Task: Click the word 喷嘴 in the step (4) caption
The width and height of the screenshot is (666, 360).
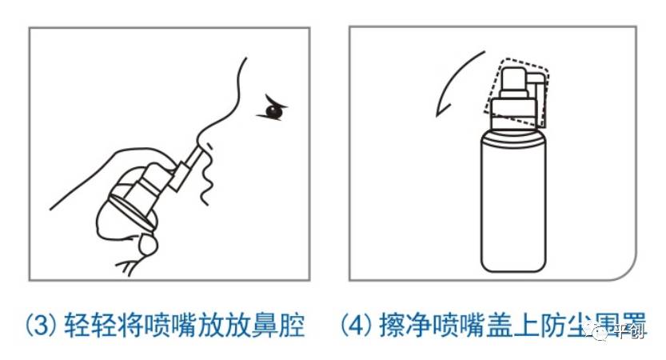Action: [x=465, y=328]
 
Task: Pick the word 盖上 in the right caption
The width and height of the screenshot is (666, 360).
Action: [x=526, y=328]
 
